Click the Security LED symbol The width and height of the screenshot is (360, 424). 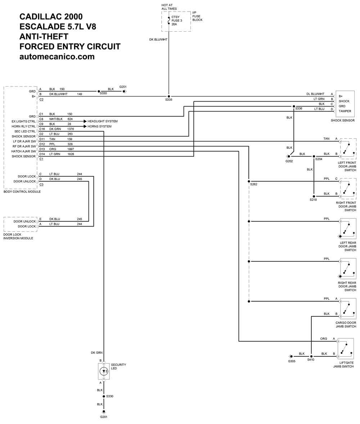tap(104, 371)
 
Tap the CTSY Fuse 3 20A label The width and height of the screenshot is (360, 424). tap(177, 21)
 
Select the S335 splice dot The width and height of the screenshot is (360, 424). tap(169, 96)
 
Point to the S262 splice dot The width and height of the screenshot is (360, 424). tap(249, 181)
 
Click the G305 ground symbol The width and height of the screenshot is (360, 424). tap(290, 356)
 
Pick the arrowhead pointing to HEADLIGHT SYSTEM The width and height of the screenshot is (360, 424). tap(85, 121)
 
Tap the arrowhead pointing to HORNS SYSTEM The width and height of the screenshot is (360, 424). tap(85, 126)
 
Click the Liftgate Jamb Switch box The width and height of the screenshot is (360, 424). tap(346, 349)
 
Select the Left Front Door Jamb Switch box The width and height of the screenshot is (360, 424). tap(348, 149)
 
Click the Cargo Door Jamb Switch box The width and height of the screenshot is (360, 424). tap(348, 309)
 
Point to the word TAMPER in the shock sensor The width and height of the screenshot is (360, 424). tap(345, 111)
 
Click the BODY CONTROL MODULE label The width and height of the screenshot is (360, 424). tap(22, 191)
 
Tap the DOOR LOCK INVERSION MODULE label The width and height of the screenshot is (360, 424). tap(18, 236)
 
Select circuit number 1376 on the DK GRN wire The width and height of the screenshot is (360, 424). tap(71, 129)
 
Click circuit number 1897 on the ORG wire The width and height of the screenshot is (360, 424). tap(71, 149)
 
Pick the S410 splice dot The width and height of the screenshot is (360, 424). tap(311, 356)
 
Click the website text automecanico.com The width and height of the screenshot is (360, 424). tap(57, 57)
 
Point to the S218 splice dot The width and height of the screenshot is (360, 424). tap(314, 196)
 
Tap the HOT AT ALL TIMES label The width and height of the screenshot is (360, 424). tap(169, 7)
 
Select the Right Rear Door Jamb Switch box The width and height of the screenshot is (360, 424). tap(348, 269)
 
